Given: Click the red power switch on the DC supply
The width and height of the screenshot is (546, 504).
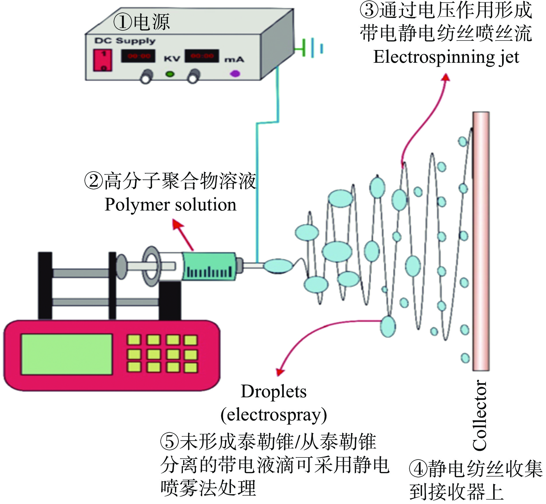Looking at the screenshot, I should click(x=102, y=60).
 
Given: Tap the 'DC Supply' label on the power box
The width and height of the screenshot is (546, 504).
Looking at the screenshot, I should click(x=125, y=41).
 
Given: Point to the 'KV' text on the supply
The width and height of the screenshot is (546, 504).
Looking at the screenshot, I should click(x=172, y=59).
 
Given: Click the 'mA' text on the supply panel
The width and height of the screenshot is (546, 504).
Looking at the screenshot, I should click(x=234, y=60).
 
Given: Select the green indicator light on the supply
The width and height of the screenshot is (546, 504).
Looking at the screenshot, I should click(x=170, y=74).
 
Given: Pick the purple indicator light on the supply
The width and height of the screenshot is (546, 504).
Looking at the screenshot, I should click(x=235, y=74).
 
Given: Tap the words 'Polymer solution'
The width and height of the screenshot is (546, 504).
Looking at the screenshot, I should click(x=170, y=205).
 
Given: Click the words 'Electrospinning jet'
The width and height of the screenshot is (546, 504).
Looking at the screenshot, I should click(x=446, y=57).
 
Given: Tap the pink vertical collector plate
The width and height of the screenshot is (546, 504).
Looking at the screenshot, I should click(x=481, y=240).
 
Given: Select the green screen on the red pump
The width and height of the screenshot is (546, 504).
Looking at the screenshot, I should click(x=67, y=354).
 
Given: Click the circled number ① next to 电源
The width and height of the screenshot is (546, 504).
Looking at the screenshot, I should click(x=122, y=22).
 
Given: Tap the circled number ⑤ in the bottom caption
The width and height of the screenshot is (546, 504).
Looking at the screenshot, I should click(x=170, y=442).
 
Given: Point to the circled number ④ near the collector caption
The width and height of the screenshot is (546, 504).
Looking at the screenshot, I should click(x=418, y=469).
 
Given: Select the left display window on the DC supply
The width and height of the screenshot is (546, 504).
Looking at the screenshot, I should click(x=138, y=56).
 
